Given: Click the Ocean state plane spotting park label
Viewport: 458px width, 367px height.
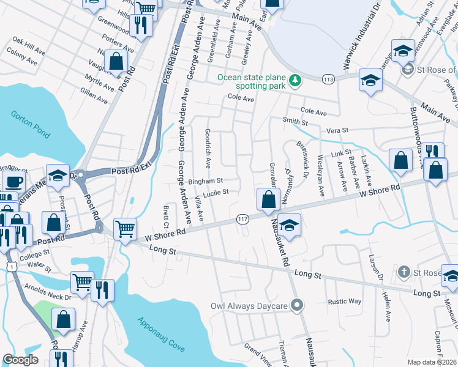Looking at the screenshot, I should point(253,81).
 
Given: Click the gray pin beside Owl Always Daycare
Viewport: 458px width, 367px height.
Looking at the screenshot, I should point(297,305).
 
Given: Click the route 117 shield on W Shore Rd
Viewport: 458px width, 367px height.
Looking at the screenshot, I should point(242,219).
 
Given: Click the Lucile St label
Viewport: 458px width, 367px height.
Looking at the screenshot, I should point(216,192).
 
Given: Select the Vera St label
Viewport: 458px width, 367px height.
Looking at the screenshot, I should point(337,130).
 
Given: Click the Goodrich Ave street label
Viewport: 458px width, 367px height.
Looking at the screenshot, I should point(208,149).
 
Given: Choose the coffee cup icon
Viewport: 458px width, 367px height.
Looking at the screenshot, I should point(13,182).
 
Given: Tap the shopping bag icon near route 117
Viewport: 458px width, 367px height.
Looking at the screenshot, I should point(268,199).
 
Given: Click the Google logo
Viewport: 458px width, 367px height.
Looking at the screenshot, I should point(20,360).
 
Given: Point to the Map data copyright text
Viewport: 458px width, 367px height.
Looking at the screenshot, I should point(432,362).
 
